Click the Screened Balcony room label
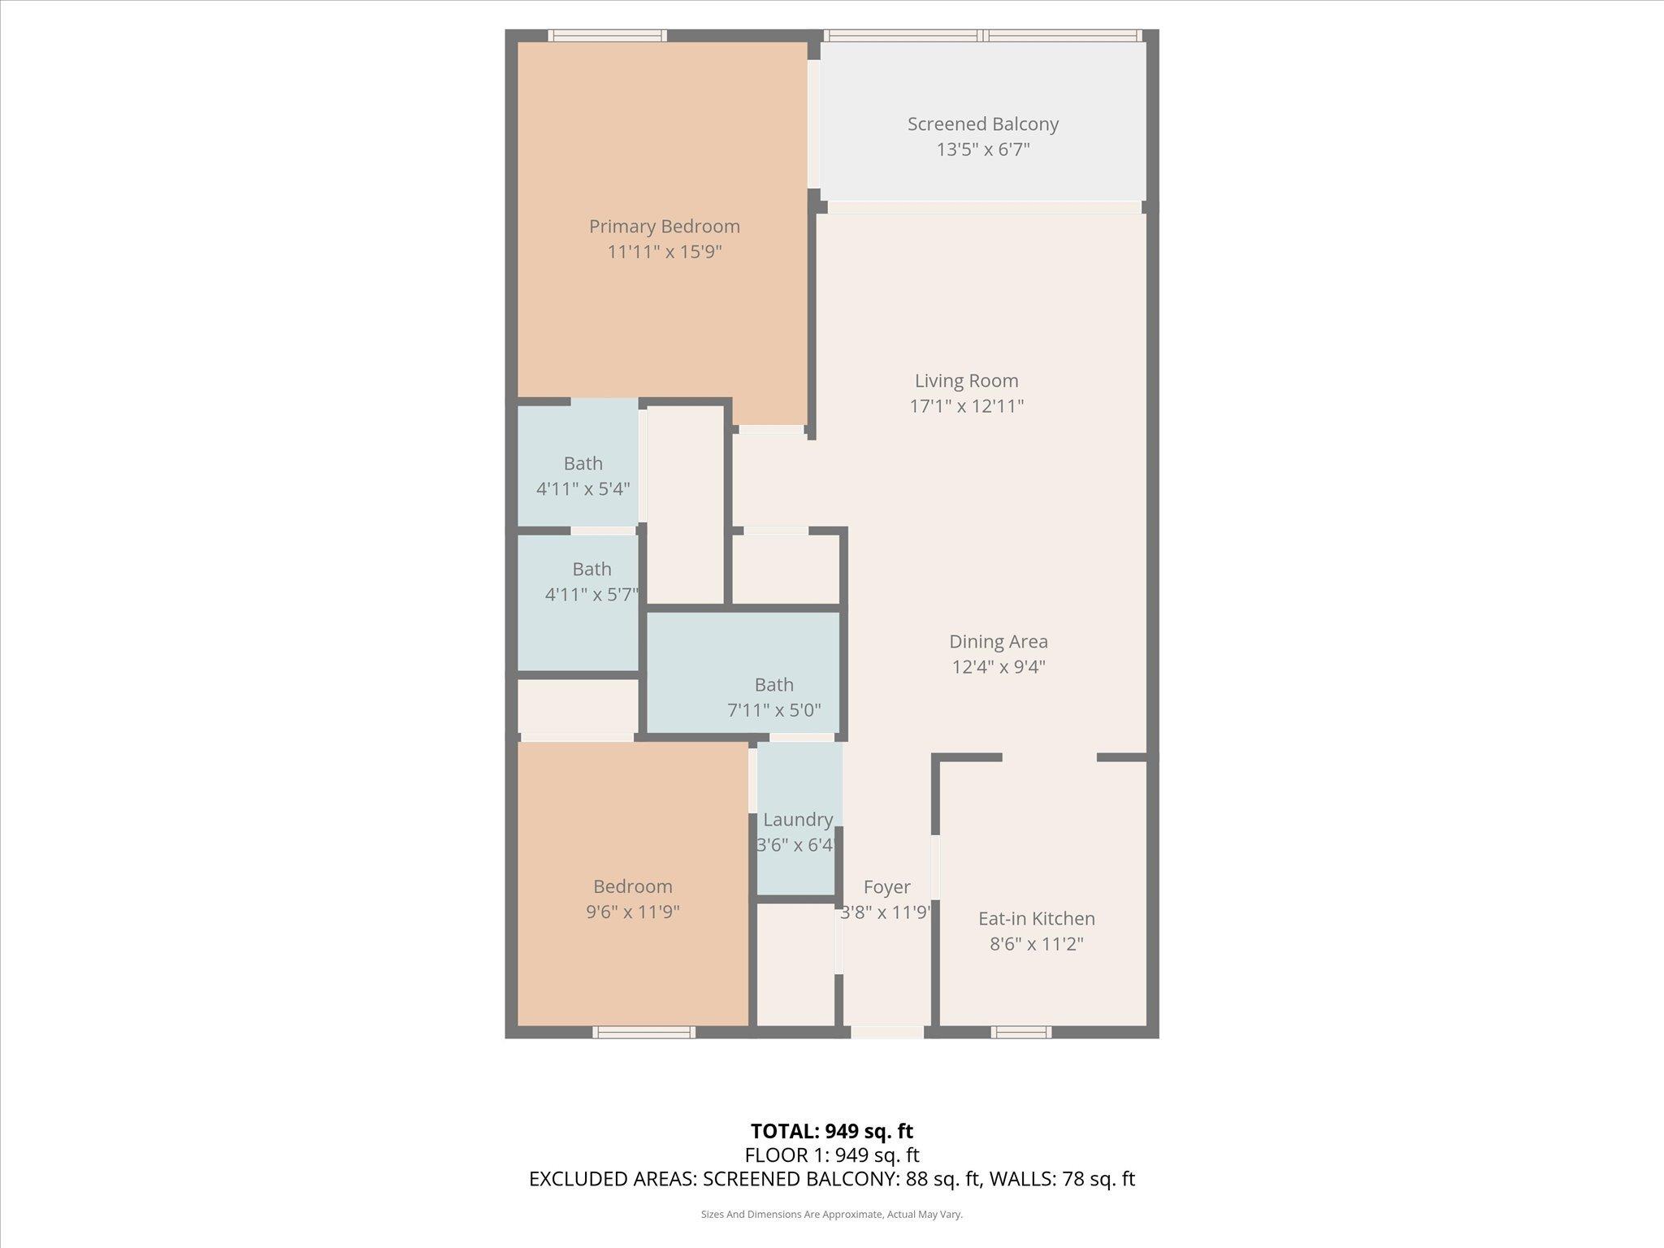[982, 124]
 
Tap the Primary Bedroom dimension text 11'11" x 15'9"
[665, 252]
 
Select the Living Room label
[966, 380]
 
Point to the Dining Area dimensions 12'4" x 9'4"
[999, 667]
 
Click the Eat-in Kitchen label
[1036, 918]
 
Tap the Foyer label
[886, 886]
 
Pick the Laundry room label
[798, 820]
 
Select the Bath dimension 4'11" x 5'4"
[583, 489]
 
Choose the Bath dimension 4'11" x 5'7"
[591, 595]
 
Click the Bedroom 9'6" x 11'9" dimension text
[632, 912]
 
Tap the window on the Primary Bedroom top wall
[607, 36]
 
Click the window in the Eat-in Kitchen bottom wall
[1020, 1032]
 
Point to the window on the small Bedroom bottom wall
[643, 1032]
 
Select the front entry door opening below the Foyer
[886, 1032]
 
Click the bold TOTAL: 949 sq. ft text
[831, 1131]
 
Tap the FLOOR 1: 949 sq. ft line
[831, 1155]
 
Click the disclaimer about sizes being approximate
[831, 1214]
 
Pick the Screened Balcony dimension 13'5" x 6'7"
[982, 149]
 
